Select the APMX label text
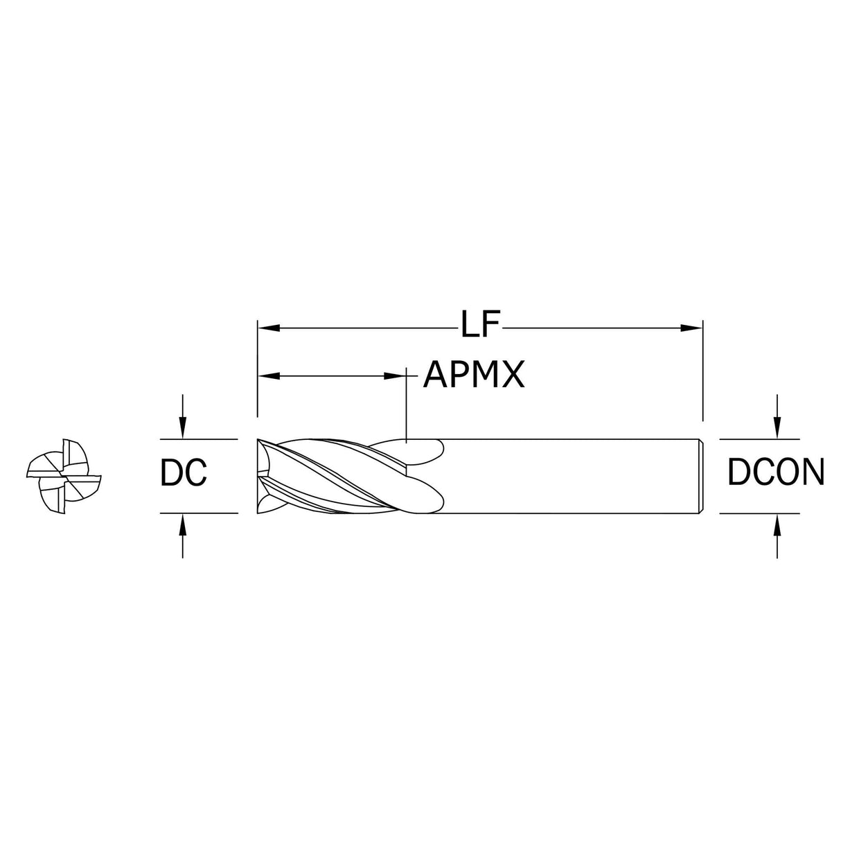pyautogui.click(x=474, y=375)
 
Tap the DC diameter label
pyautogui.click(x=183, y=472)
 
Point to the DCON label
pyautogui.click(x=776, y=472)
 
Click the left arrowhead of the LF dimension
pyautogui.click(x=269, y=327)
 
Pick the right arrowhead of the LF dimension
pyautogui.click(x=692, y=327)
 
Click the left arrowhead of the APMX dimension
pyautogui.click(x=269, y=375)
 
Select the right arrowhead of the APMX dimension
pyautogui.click(x=395, y=375)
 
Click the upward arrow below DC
pyautogui.click(x=183, y=535)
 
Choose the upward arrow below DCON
pyautogui.click(x=777, y=535)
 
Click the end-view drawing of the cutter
pyautogui.click(x=64, y=476)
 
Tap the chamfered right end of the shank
pyautogui.click(x=701, y=476)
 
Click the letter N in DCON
pyautogui.click(x=812, y=472)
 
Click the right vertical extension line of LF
pyautogui.click(x=702, y=371)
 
